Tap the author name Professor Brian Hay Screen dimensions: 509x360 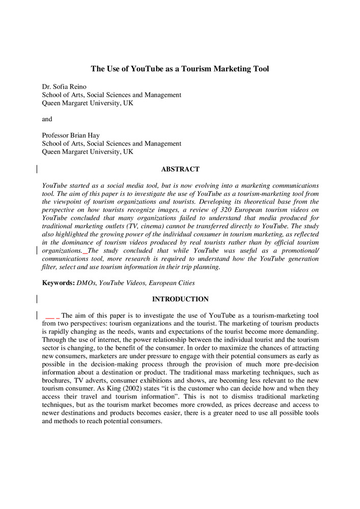point(71,135)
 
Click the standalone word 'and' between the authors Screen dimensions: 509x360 point(47,119)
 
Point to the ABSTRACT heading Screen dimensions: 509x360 point(180,169)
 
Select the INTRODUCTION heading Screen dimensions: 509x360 point(180,299)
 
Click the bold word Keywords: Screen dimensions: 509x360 point(58,282)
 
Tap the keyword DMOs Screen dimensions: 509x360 point(86,282)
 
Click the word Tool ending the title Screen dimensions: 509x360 point(260,69)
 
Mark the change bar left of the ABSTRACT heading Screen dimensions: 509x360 point(36,169)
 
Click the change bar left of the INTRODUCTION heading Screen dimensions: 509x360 point(36,299)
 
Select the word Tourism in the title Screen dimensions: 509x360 point(196,69)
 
